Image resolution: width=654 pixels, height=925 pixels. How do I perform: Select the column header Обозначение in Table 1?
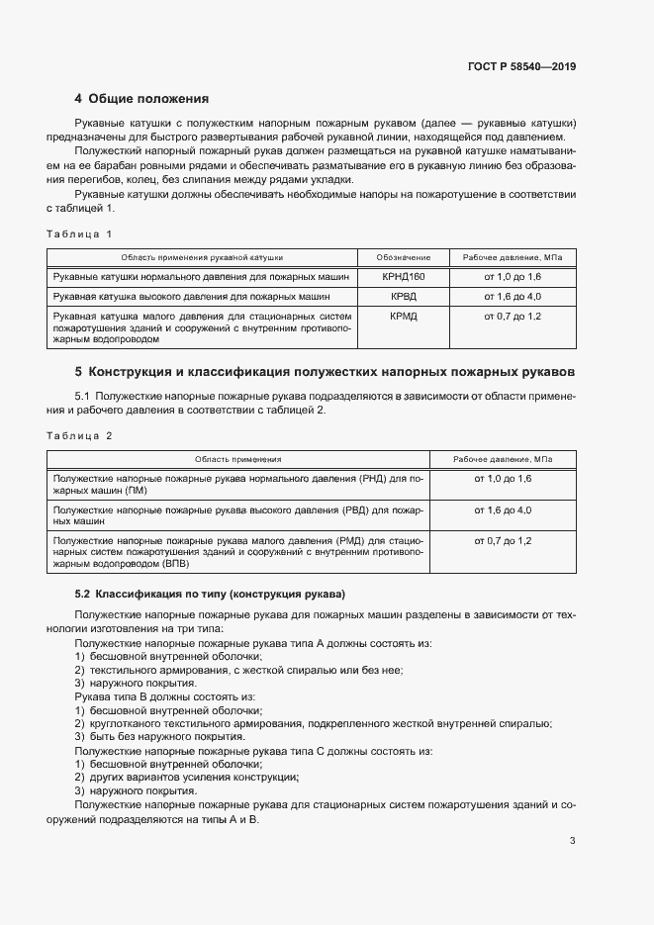(x=402, y=257)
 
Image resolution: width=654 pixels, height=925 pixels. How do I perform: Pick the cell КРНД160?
(x=403, y=277)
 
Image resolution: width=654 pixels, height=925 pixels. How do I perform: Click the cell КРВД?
(x=403, y=296)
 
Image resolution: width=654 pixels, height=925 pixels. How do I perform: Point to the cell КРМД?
(x=403, y=316)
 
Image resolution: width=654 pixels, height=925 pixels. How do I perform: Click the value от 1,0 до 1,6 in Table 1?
(x=513, y=277)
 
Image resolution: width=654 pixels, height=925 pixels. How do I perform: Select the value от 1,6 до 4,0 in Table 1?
(x=513, y=296)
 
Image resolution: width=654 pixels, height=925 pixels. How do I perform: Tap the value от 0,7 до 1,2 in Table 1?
(x=513, y=316)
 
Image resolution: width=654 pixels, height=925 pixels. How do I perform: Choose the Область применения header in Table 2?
(x=237, y=459)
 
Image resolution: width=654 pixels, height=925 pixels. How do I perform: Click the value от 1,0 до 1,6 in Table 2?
(x=503, y=479)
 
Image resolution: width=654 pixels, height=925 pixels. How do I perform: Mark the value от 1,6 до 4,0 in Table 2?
(x=503, y=509)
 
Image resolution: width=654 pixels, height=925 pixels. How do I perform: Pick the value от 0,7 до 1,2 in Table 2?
(x=503, y=541)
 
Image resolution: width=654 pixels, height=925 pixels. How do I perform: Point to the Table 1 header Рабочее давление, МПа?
(x=513, y=257)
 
